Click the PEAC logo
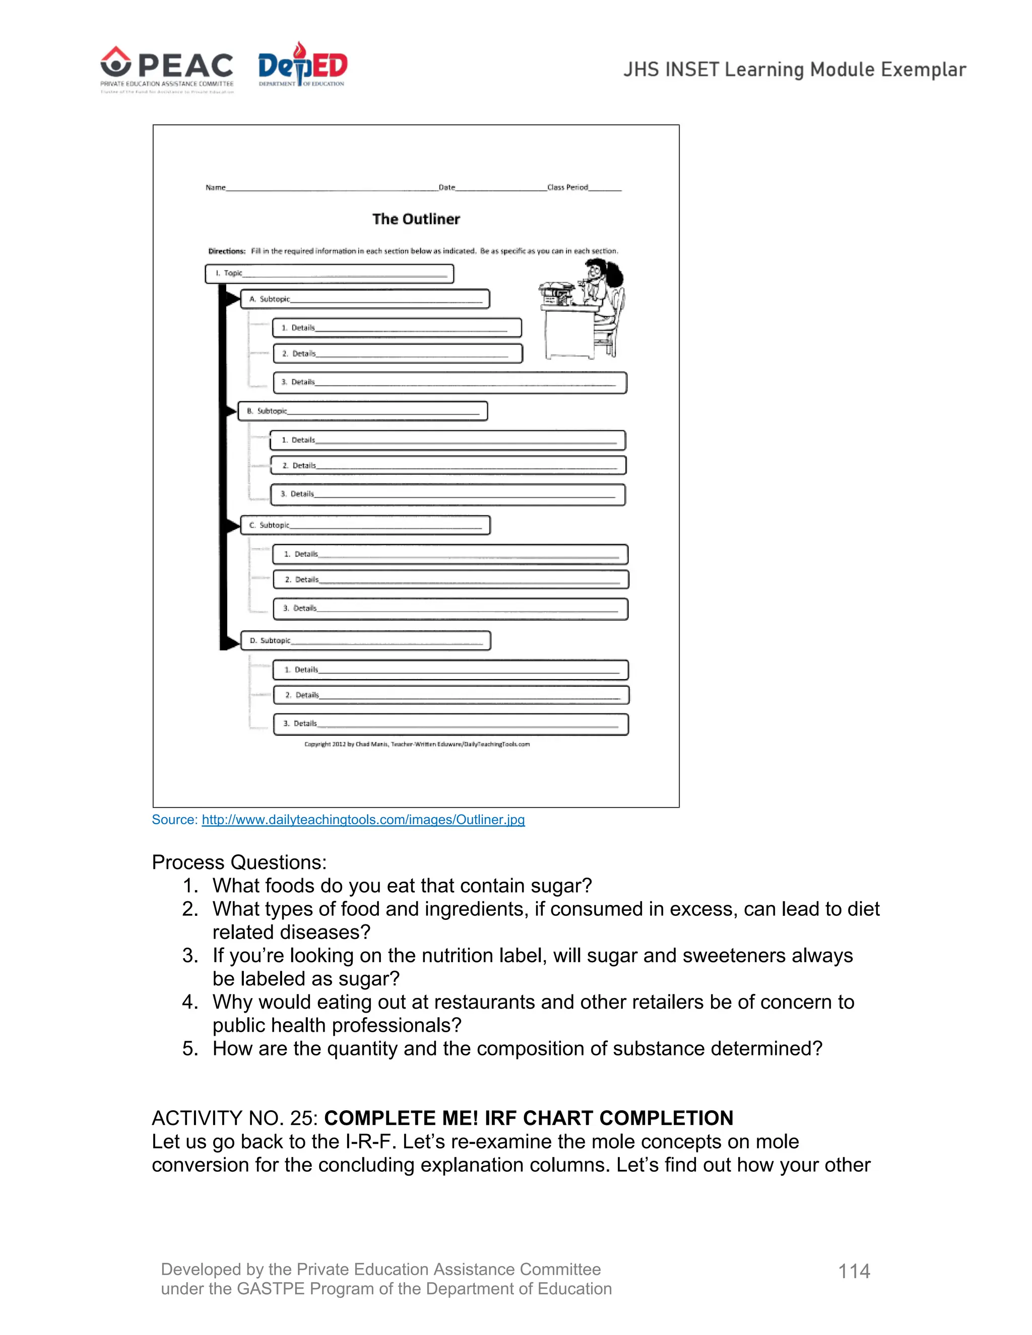(167, 69)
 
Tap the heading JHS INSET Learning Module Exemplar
(794, 70)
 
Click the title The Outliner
(416, 219)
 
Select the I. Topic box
(329, 273)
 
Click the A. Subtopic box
(365, 299)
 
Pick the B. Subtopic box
(362, 411)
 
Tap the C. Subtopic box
(365, 525)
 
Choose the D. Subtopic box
(366, 641)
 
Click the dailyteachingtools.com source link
(363, 820)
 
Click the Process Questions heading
(239, 862)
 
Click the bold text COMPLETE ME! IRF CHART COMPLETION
(528, 1118)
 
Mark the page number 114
(854, 1272)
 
